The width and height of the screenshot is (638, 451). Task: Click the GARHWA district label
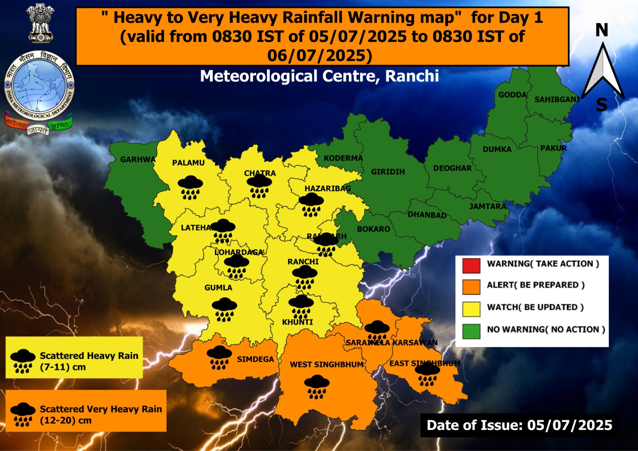(x=138, y=160)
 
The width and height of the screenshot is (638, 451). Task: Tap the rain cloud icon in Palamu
(x=190, y=187)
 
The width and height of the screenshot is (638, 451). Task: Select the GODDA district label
(x=513, y=95)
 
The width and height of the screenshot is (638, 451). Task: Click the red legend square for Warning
(x=471, y=266)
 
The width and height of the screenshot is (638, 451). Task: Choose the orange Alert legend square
(x=471, y=287)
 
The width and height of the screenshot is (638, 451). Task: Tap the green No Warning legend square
(x=471, y=331)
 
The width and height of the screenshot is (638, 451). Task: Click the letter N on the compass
(x=602, y=30)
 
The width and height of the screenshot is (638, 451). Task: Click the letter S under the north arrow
(x=602, y=105)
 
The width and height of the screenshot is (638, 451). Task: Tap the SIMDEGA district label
(x=255, y=359)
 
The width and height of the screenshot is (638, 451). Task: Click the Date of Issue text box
(x=519, y=425)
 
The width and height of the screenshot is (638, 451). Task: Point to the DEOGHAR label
(x=453, y=168)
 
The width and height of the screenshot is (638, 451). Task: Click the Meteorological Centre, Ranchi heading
(x=319, y=76)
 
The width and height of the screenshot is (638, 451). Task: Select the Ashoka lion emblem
(x=40, y=23)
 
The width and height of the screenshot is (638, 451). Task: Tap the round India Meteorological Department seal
(x=39, y=86)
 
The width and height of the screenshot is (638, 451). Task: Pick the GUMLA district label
(x=218, y=288)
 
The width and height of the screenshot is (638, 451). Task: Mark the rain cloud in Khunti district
(x=301, y=306)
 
